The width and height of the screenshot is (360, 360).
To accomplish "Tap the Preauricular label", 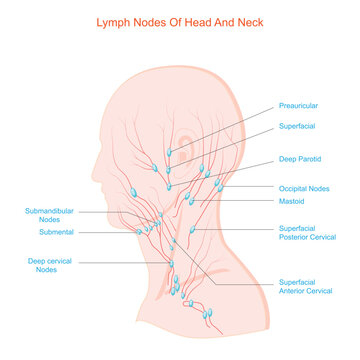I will coord(300,105).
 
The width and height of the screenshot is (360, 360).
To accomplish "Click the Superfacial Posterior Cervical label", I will coord(307,232).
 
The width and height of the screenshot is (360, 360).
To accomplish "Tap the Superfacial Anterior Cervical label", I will coord(306,287).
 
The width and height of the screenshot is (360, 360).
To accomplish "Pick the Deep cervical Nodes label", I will coord(47,265).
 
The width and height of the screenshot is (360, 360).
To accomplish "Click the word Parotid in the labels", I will coord(311,159).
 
